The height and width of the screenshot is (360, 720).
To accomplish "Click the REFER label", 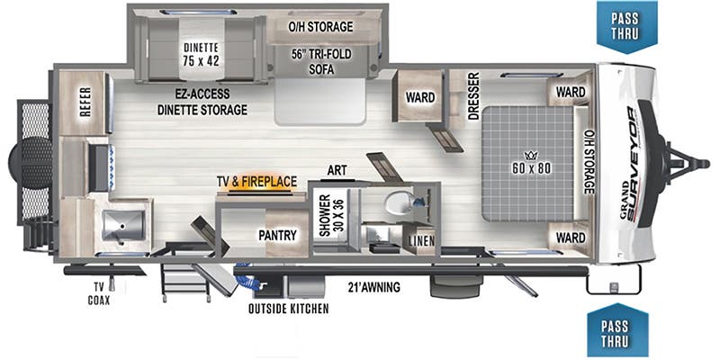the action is (85, 103).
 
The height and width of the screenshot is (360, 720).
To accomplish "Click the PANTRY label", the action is (277, 235).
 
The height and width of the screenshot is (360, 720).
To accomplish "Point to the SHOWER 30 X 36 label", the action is (331, 215).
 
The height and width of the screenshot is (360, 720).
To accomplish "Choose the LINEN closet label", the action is (418, 241).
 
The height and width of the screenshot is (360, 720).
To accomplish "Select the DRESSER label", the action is (474, 96).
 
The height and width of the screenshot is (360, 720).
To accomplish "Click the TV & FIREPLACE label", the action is (256, 182).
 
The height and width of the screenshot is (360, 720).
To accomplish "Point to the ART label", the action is (337, 170).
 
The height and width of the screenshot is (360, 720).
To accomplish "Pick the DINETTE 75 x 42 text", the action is (201, 54).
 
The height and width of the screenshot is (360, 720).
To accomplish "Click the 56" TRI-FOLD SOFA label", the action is (319, 61).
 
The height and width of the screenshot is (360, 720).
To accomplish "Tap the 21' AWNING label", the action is (373, 288).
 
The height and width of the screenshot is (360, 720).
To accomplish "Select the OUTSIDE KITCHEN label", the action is (288, 309).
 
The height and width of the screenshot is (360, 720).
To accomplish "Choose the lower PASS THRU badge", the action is (617, 330).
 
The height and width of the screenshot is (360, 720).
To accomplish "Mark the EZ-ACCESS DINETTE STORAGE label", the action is (202, 102).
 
